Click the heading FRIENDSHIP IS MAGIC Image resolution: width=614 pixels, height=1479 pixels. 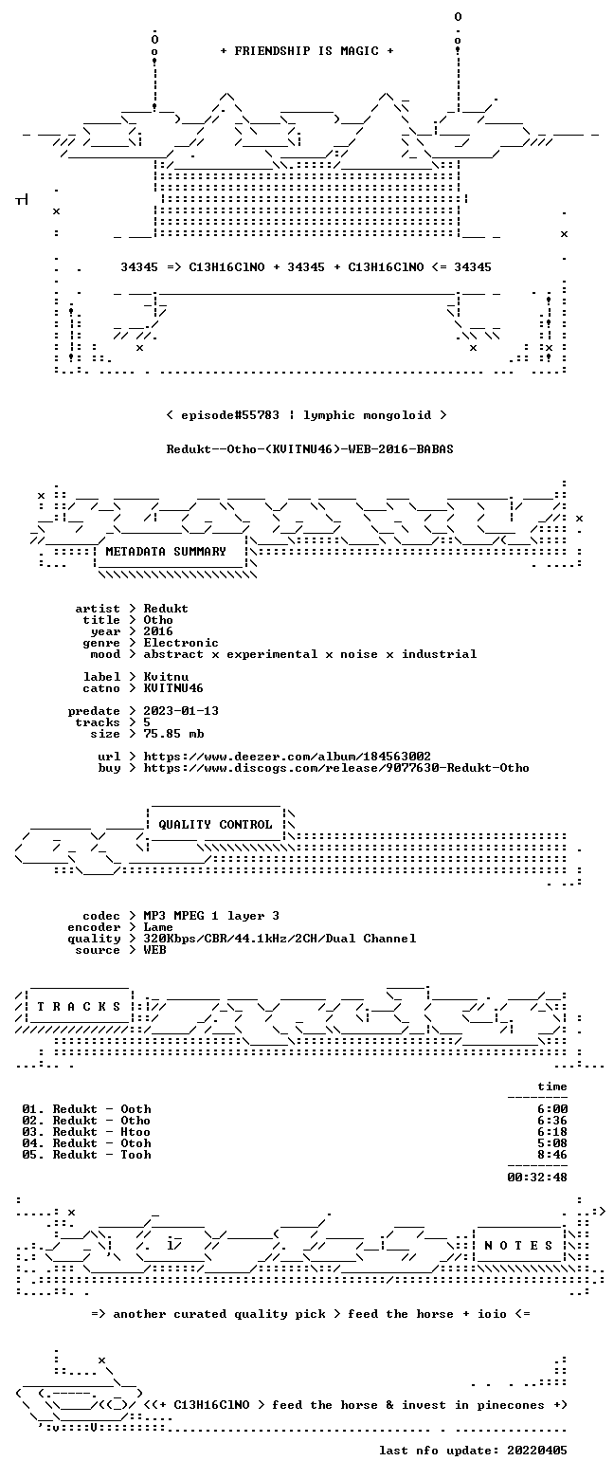(306, 51)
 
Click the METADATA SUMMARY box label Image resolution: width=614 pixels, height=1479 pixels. (166, 552)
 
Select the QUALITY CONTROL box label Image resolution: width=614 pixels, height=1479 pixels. (215, 825)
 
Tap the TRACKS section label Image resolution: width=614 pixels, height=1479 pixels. (80, 1007)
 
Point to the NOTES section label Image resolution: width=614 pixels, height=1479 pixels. (518, 1245)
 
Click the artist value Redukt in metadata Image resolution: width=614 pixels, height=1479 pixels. (166, 609)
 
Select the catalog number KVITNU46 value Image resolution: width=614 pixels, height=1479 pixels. (173, 688)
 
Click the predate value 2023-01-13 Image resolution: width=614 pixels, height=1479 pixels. (181, 711)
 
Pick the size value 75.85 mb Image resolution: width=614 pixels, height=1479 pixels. (173, 734)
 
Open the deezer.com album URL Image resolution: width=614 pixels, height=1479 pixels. (287, 757)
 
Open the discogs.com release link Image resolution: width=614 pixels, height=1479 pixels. (336, 768)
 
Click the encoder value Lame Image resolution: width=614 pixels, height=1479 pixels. (158, 927)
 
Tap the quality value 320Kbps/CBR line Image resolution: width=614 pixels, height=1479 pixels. (280, 939)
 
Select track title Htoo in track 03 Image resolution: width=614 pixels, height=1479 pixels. (135, 1132)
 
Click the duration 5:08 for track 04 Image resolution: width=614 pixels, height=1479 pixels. (552, 1143)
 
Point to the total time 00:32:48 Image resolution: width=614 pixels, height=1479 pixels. (537, 1178)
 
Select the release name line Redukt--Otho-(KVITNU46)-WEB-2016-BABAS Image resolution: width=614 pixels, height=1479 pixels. (310, 449)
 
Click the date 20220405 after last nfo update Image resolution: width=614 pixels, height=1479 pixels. (537, 1451)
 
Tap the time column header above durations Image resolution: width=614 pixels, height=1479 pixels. (552, 1086)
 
